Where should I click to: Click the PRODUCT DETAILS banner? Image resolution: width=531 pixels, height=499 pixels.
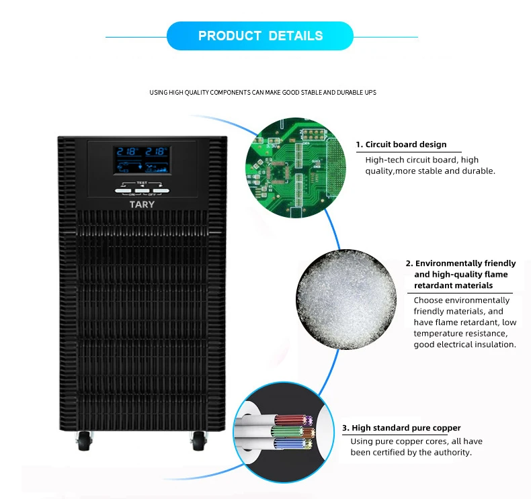[260, 36]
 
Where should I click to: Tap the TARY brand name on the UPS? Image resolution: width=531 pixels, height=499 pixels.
[142, 204]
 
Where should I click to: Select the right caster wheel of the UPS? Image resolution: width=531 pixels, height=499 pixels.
[200, 441]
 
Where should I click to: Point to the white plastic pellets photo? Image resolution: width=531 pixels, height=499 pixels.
[345, 302]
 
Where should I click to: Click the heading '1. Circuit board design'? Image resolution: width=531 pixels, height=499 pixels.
[401, 144]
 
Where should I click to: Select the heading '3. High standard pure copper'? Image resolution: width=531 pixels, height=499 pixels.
[401, 428]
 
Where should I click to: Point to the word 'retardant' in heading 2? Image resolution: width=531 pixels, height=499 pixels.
[435, 285]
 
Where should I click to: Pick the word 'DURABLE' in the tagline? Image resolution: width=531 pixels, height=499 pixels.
[347, 92]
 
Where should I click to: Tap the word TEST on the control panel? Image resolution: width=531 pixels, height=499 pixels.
[142, 183]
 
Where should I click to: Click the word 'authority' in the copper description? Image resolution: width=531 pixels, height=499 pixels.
[453, 452]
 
